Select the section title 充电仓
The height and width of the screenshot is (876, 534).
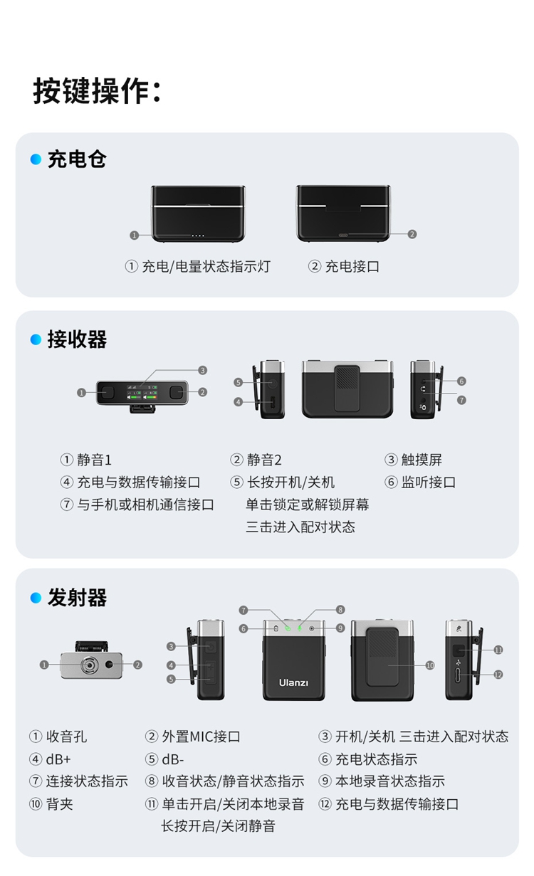pyautogui.click(x=77, y=159)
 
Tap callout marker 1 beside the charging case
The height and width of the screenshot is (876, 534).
pyautogui.click(x=134, y=235)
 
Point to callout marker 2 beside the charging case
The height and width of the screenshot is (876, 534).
pyautogui.click(x=412, y=234)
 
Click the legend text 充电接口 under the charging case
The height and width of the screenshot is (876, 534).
pyautogui.click(x=352, y=267)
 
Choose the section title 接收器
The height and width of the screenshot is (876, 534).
pyautogui.click(x=77, y=340)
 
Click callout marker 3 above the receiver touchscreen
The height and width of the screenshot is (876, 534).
pyautogui.click(x=203, y=370)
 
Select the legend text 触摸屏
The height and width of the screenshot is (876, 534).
pyautogui.click(x=422, y=460)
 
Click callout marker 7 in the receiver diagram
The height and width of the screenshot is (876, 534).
pyautogui.click(x=461, y=400)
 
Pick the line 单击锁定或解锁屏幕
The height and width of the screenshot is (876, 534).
pyautogui.click(x=308, y=505)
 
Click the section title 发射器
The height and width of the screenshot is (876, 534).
pyautogui.click(x=77, y=598)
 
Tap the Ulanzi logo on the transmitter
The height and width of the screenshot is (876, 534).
pyautogui.click(x=293, y=682)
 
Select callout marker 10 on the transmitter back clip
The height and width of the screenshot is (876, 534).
pyautogui.click(x=430, y=665)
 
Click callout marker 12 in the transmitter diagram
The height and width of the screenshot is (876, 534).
pyautogui.click(x=498, y=674)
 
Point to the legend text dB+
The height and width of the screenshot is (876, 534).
pyautogui.click(x=58, y=759)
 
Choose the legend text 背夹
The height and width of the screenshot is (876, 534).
pyautogui.click(x=60, y=804)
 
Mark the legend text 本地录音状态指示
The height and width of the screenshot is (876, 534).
pyautogui.click(x=389, y=781)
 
